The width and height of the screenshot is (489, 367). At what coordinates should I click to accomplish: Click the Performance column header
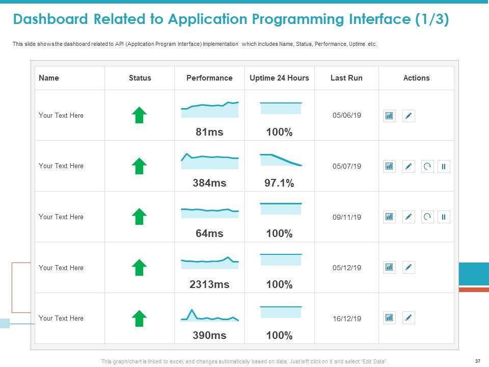[209, 78]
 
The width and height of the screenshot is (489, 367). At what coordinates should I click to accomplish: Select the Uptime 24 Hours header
[279, 78]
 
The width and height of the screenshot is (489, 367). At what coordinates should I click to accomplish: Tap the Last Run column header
[346, 78]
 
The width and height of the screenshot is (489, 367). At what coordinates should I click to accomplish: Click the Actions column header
[416, 78]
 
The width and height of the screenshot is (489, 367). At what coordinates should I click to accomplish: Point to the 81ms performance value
[209, 132]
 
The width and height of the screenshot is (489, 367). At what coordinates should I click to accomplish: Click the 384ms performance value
[209, 183]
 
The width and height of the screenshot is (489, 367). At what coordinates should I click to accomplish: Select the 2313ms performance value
[209, 284]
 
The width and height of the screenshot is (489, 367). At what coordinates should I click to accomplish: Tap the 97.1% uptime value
[279, 183]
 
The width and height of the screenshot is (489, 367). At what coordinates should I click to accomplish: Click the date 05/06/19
[347, 116]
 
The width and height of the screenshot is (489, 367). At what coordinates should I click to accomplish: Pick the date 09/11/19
[347, 217]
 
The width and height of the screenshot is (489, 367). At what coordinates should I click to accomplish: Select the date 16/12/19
[347, 319]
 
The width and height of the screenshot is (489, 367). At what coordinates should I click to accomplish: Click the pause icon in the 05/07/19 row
[444, 166]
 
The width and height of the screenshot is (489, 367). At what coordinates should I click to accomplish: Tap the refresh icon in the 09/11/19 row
[427, 217]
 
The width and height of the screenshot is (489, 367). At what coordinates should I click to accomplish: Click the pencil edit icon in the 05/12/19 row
[409, 268]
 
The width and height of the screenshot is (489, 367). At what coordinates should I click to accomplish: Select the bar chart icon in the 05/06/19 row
[389, 116]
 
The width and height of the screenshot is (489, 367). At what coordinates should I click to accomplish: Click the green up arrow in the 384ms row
[140, 166]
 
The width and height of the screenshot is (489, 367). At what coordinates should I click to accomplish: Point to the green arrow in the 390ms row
[140, 319]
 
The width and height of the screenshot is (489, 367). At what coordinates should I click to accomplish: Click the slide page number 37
[477, 361]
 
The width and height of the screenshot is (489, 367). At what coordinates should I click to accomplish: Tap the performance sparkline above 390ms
[209, 317]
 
